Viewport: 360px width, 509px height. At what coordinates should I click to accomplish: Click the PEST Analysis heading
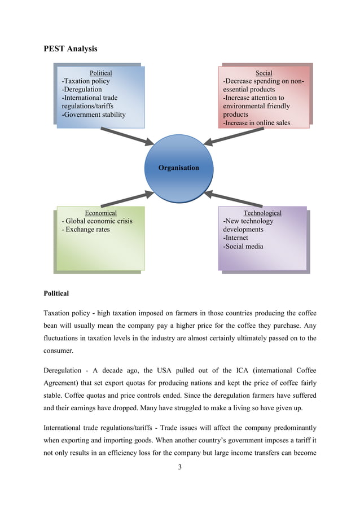[71, 49]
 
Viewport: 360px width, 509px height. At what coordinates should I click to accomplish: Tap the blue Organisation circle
[178, 168]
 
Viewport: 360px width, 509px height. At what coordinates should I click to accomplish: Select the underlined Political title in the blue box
[101, 73]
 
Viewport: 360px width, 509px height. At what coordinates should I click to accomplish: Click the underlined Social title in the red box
[264, 73]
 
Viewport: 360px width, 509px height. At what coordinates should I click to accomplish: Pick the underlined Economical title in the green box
[100, 213]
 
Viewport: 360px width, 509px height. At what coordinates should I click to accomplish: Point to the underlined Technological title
[262, 213]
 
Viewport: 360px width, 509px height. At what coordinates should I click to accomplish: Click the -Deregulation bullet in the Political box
[82, 89]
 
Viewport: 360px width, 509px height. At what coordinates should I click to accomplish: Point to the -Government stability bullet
[94, 115]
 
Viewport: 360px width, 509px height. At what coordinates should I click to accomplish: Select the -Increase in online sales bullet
[257, 122]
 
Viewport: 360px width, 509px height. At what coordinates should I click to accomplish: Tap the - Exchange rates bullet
[85, 230]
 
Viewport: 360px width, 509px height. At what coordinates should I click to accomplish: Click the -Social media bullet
[243, 246]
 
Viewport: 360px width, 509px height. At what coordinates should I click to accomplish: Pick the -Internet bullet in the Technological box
[238, 238]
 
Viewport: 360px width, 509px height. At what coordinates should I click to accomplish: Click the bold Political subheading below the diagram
[56, 293]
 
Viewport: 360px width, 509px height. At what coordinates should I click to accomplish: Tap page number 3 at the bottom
[179, 467]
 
